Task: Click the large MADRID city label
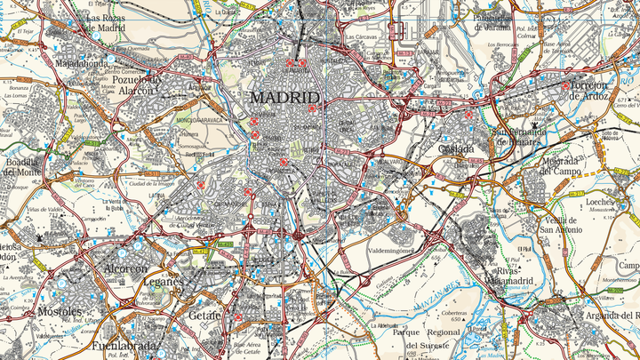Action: [284, 97]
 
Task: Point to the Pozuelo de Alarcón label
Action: [138, 84]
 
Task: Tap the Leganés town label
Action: [163, 282]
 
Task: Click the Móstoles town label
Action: [60, 313]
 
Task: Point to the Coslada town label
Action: [456, 149]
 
